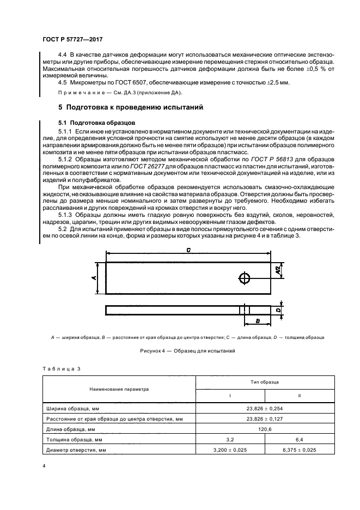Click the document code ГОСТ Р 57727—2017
coord(72,40)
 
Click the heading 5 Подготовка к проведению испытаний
coord(131,107)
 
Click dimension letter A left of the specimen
coord(94,278)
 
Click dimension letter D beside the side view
coord(278,310)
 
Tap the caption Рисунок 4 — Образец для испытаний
coord(187,351)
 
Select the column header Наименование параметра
coord(119,390)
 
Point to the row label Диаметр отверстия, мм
coord(74,450)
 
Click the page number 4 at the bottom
coord(44,467)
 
